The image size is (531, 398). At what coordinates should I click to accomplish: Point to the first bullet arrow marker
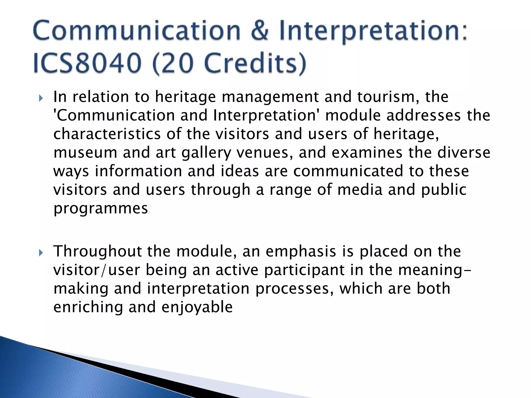(40, 98)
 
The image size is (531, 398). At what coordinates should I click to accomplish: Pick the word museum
(85, 153)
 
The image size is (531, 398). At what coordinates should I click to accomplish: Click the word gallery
(206, 153)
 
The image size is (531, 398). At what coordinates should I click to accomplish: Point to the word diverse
(464, 153)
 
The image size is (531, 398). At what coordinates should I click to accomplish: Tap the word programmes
(101, 208)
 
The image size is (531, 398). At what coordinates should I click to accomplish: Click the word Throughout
(97, 252)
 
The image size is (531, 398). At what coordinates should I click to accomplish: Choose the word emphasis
(301, 252)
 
